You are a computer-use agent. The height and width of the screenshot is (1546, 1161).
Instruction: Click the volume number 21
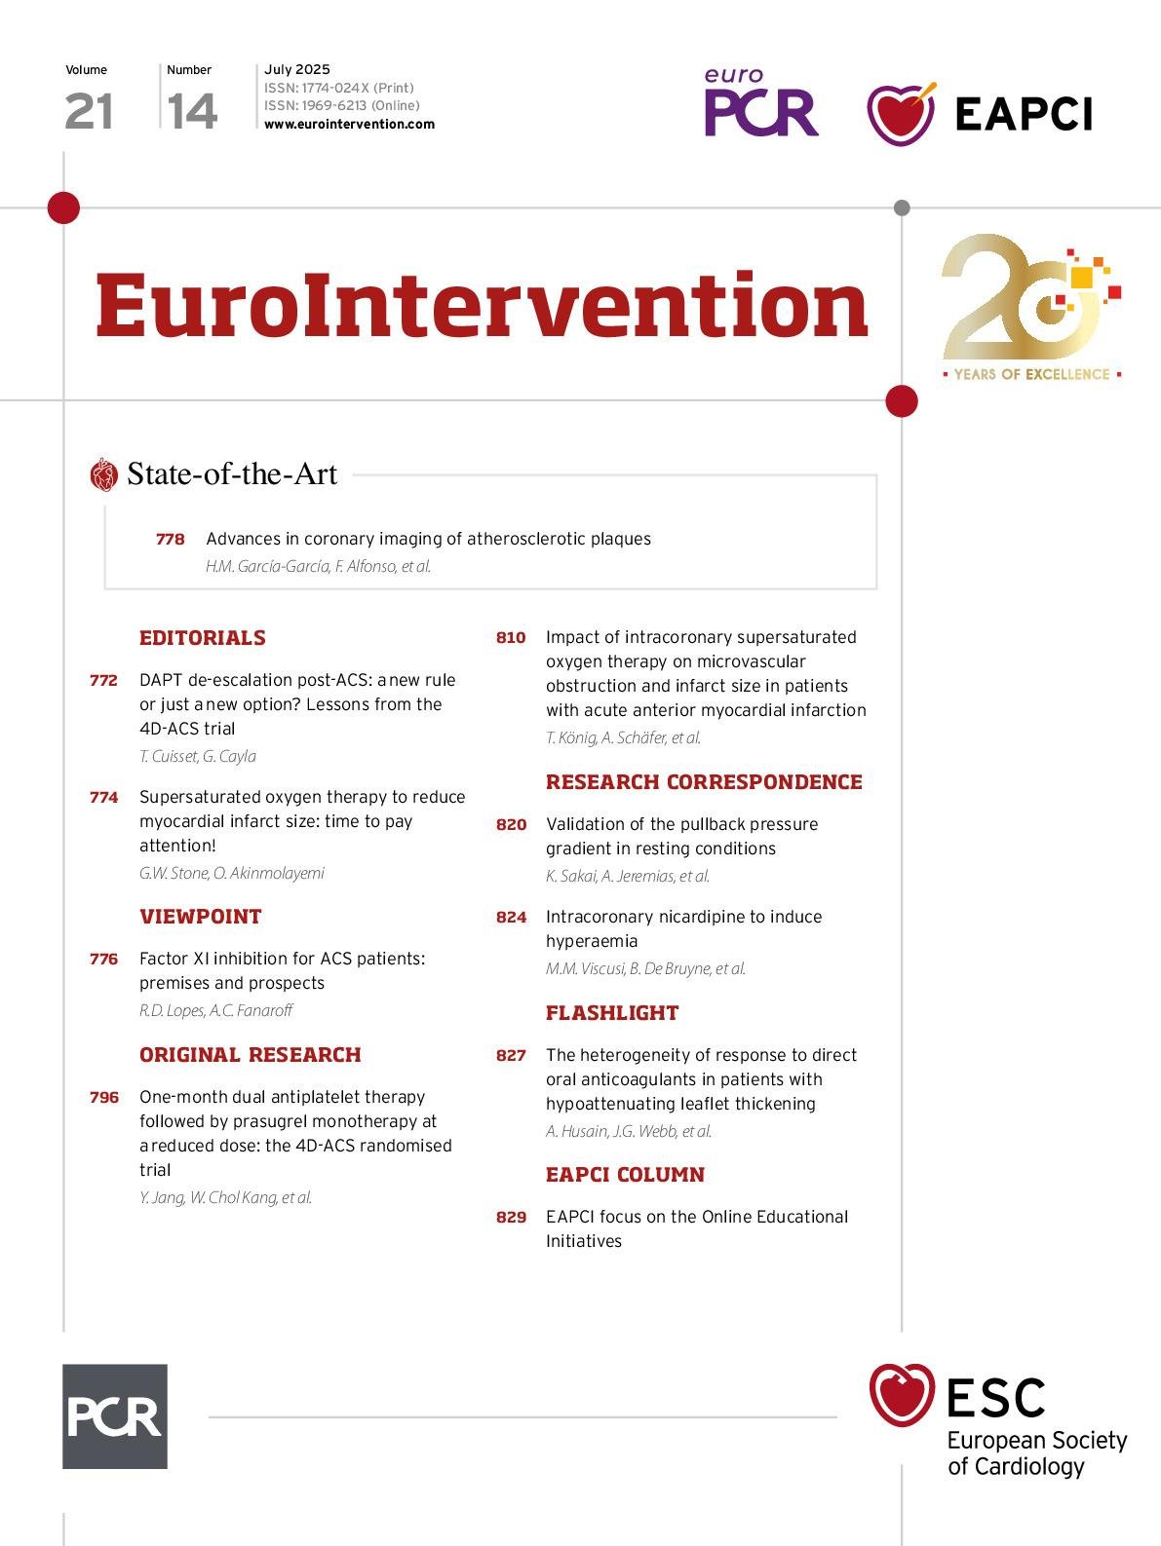tap(89, 111)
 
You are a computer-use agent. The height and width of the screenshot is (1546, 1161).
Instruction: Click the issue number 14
tap(192, 111)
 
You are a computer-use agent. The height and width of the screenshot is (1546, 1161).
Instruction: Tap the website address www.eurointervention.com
tap(349, 125)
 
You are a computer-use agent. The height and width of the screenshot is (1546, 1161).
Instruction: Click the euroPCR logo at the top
tap(760, 103)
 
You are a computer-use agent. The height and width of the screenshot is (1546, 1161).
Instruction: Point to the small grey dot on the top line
tap(902, 207)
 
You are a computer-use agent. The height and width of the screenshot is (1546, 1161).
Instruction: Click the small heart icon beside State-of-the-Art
tap(103, 475)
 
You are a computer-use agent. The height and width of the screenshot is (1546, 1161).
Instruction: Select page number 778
tap(170, 539)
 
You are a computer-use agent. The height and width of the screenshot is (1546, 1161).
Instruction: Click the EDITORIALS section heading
tap(203, 638)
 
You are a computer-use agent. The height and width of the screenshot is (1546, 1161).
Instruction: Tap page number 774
tap(104, 797)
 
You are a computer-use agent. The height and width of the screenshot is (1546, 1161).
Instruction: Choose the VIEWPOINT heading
tap(201, 917)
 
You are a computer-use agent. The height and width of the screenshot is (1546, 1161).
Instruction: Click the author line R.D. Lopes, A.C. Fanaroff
tap(215, 1010)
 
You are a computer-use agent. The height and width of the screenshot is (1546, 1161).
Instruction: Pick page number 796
tap(104, 1097)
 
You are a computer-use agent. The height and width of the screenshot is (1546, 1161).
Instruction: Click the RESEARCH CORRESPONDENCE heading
tap(704, 782)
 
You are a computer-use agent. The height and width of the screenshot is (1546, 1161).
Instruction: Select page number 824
tap(511, 917)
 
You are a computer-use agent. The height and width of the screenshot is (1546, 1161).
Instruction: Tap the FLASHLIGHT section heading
tap(612, 1013)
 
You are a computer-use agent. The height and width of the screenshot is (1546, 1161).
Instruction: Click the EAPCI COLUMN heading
tap(625, 1175)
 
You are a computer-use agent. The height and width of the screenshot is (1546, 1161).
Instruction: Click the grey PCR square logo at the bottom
tap(115, 1415)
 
